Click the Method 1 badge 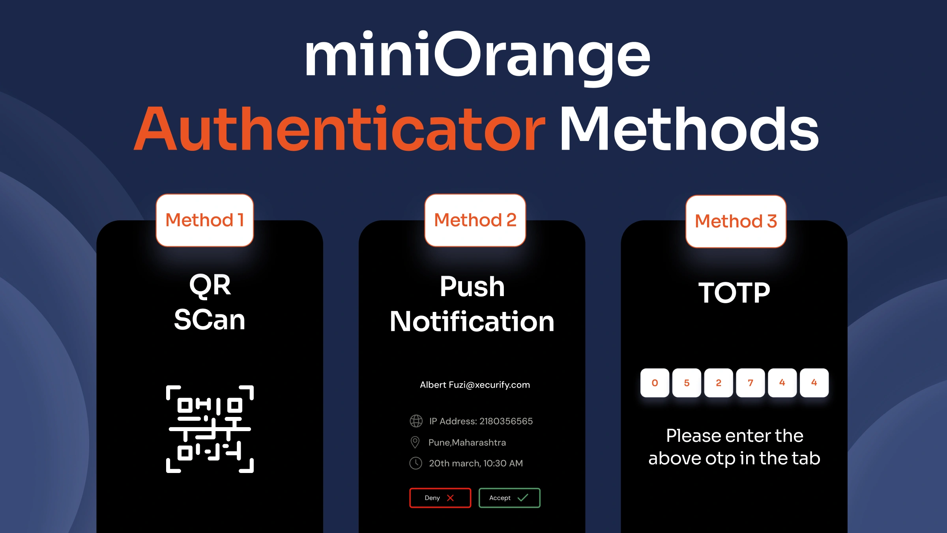[x=204, y=220]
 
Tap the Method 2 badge [x=475, y=220]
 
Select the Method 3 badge [x=736, y=221]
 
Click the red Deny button [x=440, y=498]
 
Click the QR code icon [x=210, y=429]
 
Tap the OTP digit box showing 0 [x=655, y=383]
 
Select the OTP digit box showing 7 [x=750, y=383]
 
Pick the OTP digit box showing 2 [x=719, y=383]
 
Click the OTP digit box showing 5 [x=687, y=383]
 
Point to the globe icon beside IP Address [x=416, y=421]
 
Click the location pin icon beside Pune [x=415, y=442]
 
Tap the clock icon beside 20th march [x=416, y=463]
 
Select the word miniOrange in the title [x=477, y=55]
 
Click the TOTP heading [x=734, y=293]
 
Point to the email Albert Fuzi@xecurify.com [x=475, y=385]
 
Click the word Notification [x=472, y=321]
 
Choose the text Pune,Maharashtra [x=467, y=442]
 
